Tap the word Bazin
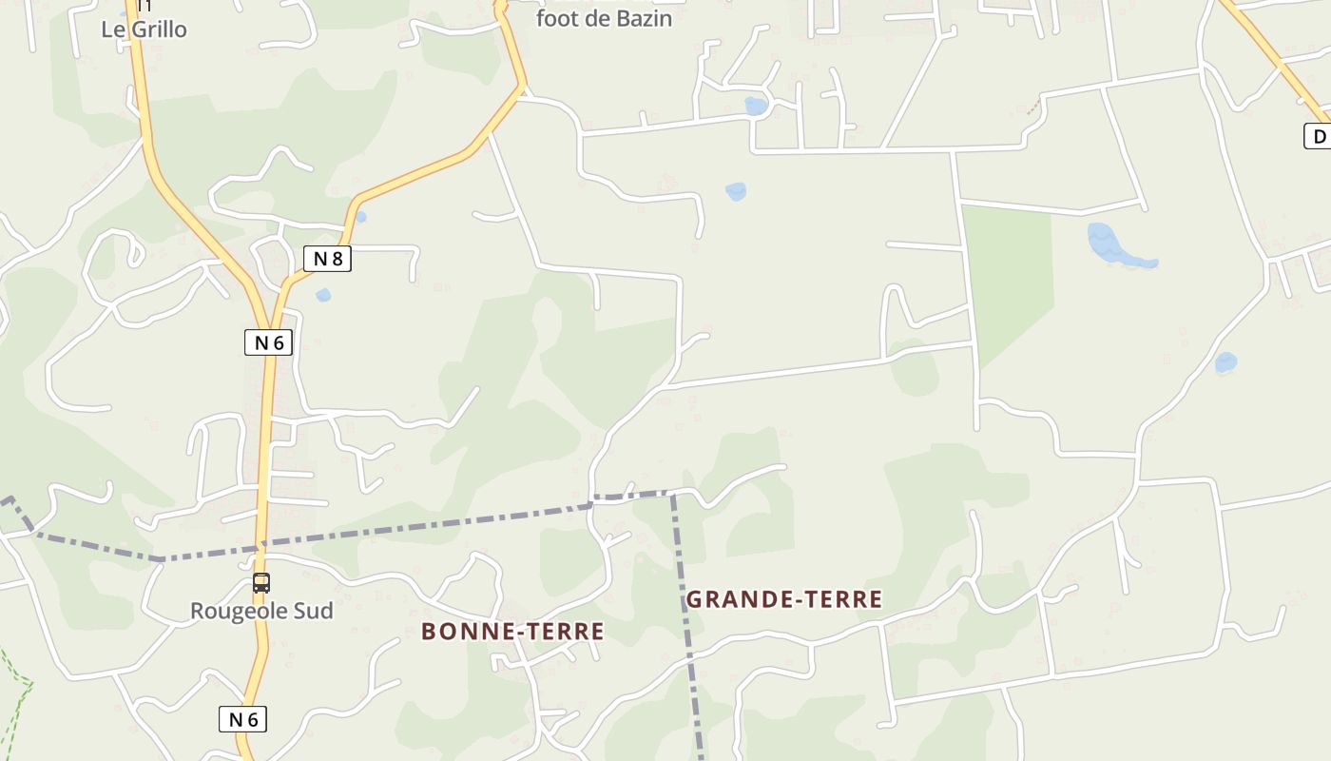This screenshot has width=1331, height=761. click(x=643, y=18)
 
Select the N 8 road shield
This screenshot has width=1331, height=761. click(x=327, y=258)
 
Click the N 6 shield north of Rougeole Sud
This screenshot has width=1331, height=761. click(x=268, y=342)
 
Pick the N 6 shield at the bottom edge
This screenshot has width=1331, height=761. click(x=242, y=719)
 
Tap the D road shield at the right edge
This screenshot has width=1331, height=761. click(x=1318, y=137)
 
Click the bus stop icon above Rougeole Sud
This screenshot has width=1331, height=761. click(x=260, y=583)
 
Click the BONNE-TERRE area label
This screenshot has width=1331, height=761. click(x=512, y=632)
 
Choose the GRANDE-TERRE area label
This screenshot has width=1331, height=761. click(x=783, y=599)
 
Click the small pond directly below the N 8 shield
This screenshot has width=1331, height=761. click(x=323, y=295)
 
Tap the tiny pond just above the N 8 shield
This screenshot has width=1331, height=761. click(x=360, y=217)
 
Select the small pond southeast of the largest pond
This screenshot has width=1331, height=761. click(x=1225, y=362)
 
